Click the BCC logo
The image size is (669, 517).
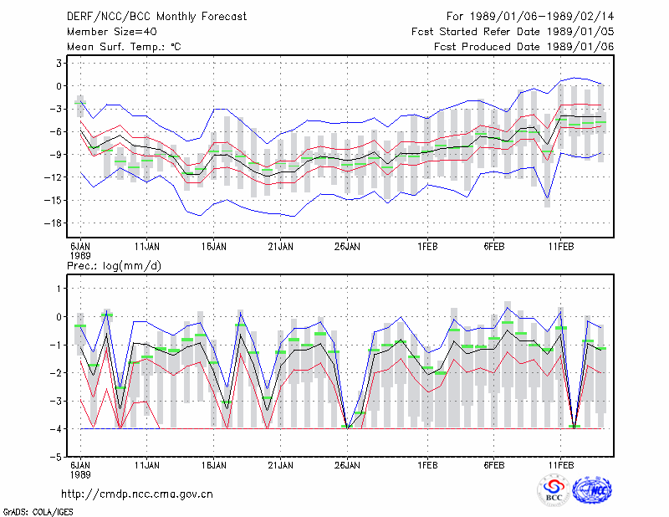pyautogui.click(x=554, y=491)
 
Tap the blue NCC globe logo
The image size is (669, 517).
pyautogui.click(x=592, y=490)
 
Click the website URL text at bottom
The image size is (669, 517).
pyautogui.click(x=137, y=494)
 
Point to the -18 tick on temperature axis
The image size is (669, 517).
pyautogui.click(x=54, y=223)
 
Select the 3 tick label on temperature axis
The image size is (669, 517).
pyautogui.click(x=59, y=64)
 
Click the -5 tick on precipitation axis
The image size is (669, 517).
pyautogui.click(x=56, y=457)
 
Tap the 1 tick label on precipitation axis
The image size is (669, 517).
pyautogui.click(x=59, y=289)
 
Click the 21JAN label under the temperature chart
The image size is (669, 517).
pyautogui.click(x=280, y=247)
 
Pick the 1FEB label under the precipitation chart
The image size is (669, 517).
pyautogui.click(x=427, y=465)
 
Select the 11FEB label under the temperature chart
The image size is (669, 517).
pyautogui.click(x=560, y=247)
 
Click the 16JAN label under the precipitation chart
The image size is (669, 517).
pyautogui.click(x=214, y=465)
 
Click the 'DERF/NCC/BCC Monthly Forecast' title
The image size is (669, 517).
pyautogui.click(x=156, y=17)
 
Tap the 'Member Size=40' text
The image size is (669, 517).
pyautogui.click(x=112, y=32)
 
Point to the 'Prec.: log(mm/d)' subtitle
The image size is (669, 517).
pyautogui.click(x=114, y=266)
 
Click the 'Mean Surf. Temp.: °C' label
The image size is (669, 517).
pyautogui.click(x=124, y=47)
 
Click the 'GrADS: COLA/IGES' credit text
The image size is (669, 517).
pyautogui.click(x=38, y=512)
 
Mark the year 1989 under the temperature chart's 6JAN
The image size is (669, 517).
pyautogui.click(x=80, y=256)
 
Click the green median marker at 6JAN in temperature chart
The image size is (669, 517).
pyautogui.click(x=80, y=103)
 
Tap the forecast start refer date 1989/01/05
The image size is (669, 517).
pyautogui.click(x=580, y=32)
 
